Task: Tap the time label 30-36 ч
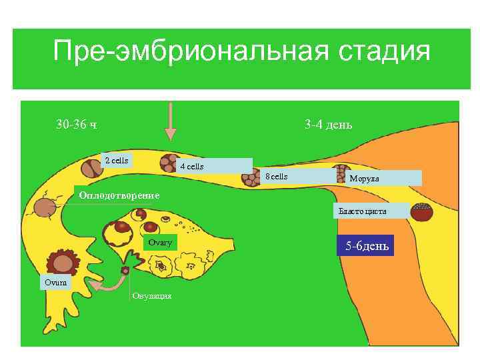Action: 77,125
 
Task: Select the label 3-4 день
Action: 328,125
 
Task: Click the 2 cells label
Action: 116,161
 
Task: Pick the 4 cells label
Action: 192,166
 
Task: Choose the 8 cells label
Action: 276,177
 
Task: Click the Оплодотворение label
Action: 119,195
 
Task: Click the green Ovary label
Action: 160,243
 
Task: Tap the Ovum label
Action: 55,282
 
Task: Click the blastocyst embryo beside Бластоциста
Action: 421,213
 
